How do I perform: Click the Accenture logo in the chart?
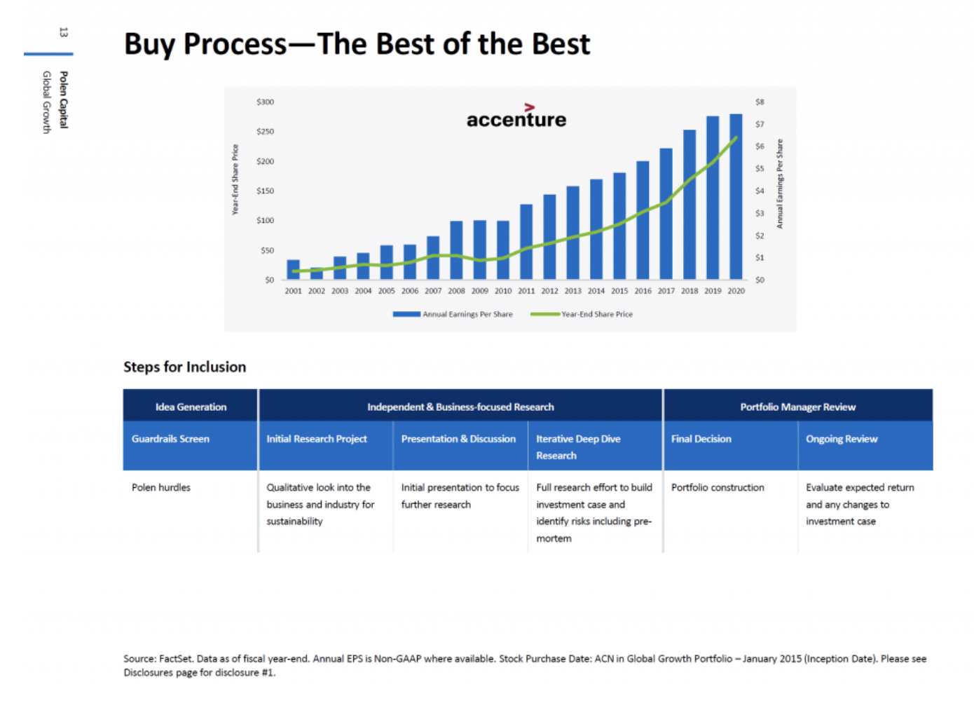(x=516, y=116)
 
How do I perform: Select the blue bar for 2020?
(x=736, y=196)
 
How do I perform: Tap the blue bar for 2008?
(x=456, y=250)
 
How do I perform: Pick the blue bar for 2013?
(x=572, y=233)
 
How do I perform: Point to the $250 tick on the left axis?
(x=266, y=131)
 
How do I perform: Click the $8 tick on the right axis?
(x=760, y=102)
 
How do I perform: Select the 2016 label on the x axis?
(x=643, y=290)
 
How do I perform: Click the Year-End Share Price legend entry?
(x=582, y=314)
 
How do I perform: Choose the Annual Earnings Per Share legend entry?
(x=453, y=314)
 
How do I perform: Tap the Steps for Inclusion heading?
(x=185, y=367)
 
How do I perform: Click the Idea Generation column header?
(x=191, y=407)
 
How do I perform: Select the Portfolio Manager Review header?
(x=798, y=407)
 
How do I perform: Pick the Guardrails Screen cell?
(x=190, y=446)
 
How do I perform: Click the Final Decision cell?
(x=730, y=446)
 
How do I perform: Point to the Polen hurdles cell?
(x=161, y=487)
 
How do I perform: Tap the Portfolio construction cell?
(x=718, y=487)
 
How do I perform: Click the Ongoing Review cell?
(x=865, y=446)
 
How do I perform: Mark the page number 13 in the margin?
(x=64, y=32)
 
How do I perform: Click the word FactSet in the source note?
(x=176, y=658)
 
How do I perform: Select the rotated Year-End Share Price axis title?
(x=235, y=179)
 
